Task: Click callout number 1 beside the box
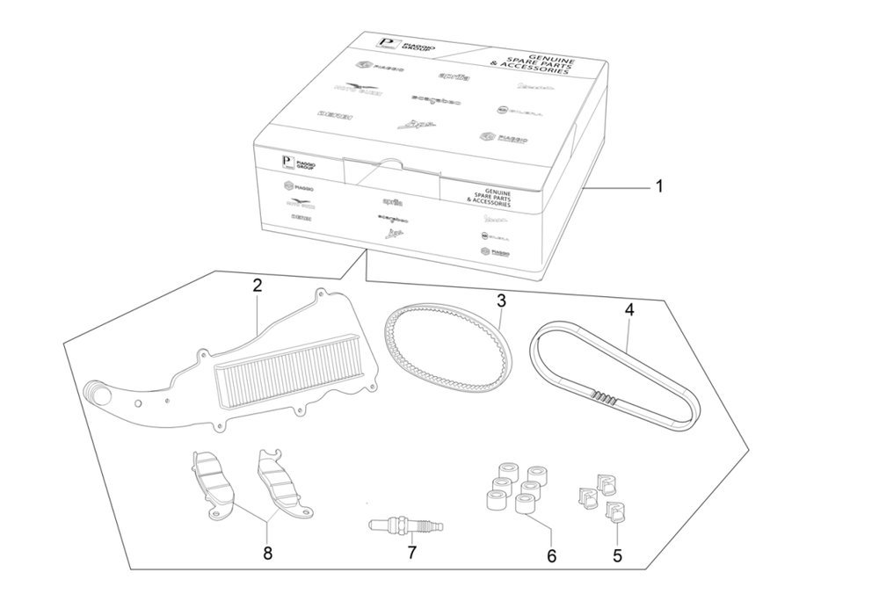tap(659, 186)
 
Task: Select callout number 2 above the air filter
tap(257, 286)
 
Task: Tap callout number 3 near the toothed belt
tap(501, 300)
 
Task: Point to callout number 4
tap(629, 309)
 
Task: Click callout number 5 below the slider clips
tap(617, 555)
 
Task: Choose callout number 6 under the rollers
tap(551, 555)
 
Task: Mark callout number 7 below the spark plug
tap(410, 553)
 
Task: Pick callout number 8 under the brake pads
tap(268, 553)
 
